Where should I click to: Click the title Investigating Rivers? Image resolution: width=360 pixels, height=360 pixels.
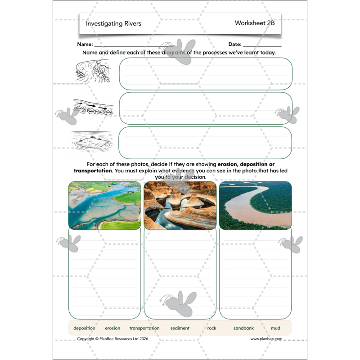click(x=113, y=23)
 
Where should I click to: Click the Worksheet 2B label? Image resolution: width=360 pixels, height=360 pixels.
click(x=254, y=23)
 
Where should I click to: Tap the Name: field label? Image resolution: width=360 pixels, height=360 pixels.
click(x=85, y=45)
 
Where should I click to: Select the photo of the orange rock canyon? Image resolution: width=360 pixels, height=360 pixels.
click(x=180, y=205)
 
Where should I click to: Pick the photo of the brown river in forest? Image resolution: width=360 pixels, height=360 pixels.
click(x=255, y=205)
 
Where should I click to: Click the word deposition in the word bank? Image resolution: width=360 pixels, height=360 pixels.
click(x=84, y=328)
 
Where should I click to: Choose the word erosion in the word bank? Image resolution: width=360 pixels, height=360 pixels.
click(x=112, y=328)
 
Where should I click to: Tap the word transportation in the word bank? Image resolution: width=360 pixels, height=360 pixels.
click(x=144, y=328)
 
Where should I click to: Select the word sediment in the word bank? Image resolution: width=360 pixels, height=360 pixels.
click(x=180, y=328)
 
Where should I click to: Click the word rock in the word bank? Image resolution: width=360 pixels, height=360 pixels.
click(x=211, y=328)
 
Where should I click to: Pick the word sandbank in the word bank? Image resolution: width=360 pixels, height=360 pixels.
click(x=243, y=328)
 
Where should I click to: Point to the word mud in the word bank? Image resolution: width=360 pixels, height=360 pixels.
click(x=275, y=328)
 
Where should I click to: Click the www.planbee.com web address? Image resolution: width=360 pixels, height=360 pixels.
click(x=266, y=339)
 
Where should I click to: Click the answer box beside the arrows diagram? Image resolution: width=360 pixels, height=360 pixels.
click(x=206, y=108)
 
